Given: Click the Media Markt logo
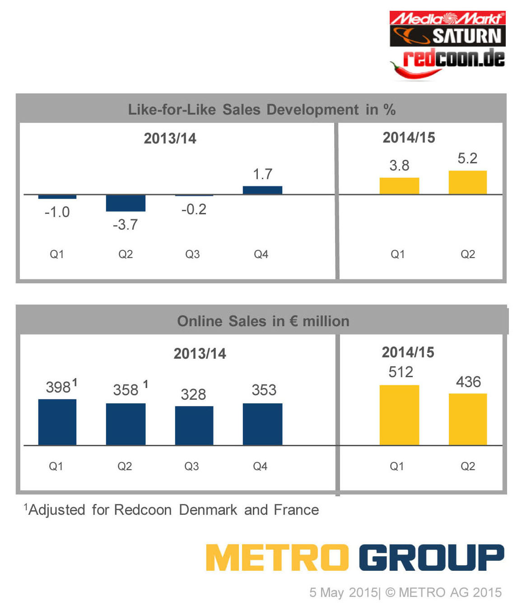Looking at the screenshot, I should (447, 18).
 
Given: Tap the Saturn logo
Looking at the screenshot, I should (447, 36).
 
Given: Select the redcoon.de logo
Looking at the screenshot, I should (453, 58).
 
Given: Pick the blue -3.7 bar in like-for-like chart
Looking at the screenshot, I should (126, 203).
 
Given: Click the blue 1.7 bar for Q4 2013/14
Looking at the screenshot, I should (262, 190).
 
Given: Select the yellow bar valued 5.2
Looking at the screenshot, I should (467, 182).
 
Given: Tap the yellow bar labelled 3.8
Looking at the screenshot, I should (399, 186).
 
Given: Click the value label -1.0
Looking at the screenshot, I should (57, 212).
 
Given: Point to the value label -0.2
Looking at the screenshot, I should (194, 209).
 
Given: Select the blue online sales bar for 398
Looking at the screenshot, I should (57, 422).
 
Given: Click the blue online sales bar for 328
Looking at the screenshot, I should (194, 425).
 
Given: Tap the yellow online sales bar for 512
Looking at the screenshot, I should (399, 415).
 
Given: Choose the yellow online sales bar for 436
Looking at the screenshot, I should (468, 419).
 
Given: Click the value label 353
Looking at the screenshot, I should (264, 390).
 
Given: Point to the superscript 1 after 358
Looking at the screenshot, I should (145, 384).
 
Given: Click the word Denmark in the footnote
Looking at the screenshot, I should (208, 510).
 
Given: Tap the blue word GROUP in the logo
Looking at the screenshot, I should (431, 558).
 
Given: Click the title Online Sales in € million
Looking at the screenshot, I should (263, 321).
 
